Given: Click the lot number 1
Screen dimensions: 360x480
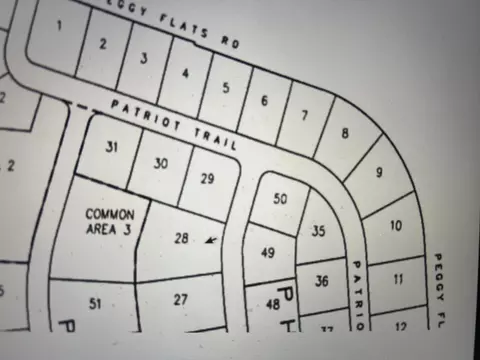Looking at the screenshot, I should (x=59, y=25).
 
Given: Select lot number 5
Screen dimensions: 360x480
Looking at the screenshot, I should (x=225, y=87).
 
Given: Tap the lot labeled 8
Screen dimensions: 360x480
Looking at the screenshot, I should (x=345, y=133).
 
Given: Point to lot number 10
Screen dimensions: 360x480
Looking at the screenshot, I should (x=395, y=226).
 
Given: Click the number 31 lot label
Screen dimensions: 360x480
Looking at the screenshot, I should (x=112, y=147).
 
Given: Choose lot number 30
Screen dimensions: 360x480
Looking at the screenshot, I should (x=161, y=163).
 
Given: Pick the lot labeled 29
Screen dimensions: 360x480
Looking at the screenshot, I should (x=207, y=179).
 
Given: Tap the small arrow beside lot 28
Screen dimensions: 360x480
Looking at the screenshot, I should (x=209, y=239).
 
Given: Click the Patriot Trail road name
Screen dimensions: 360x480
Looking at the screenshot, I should (x=174, y=124).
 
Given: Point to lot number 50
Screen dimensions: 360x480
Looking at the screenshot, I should (x=280, y=199).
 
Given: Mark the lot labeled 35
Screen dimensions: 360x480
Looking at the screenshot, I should (x=318, y=231).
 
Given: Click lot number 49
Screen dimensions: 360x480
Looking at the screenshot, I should (x=267, y=253).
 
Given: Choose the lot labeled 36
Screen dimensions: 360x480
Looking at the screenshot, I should (x=321, y=281).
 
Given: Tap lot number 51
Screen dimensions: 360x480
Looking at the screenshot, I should (x=96, y=303).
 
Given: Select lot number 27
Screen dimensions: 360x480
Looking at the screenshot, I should (x=180, y=299).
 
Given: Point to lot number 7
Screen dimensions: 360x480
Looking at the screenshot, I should (x=304, y=115).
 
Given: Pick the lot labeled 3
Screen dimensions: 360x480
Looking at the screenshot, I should (x=144, y=58).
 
